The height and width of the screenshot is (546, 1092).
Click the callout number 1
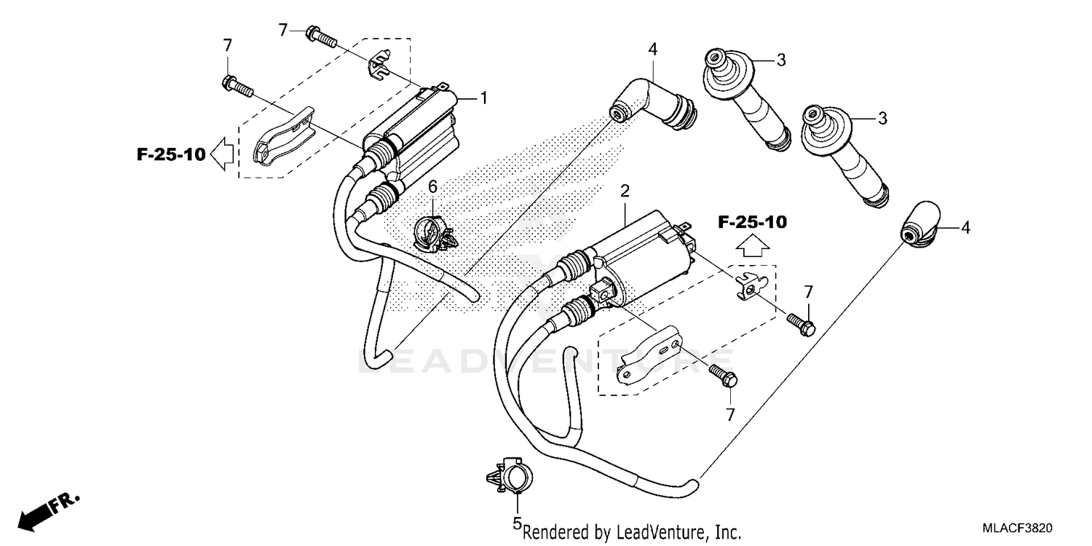click(x=482, y=98)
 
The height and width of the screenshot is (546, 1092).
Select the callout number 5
click(x=517, y=523)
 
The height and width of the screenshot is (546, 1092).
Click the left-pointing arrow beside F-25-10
click(x=223, y=154)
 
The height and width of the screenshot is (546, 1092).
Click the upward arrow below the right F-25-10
click(x=751, y=248)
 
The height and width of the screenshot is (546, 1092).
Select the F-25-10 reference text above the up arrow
click(x=752, y=223)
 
